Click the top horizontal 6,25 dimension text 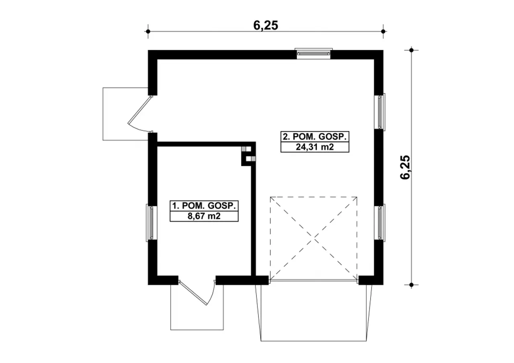(265, 25)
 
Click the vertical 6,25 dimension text (405, 167)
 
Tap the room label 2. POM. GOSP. (314, 137)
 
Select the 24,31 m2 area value (314, 147)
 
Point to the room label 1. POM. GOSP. (204, 206)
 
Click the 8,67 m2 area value (204, 216)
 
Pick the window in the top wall (314, 53)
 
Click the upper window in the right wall (380, 112)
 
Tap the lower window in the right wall (380, 222)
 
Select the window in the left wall (151, 223)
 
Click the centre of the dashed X (314, 239)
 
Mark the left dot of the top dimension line (148, 31)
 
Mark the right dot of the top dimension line (383, 31)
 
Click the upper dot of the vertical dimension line (411, 50)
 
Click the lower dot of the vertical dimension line (411, 285)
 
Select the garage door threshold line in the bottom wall (314, 280)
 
